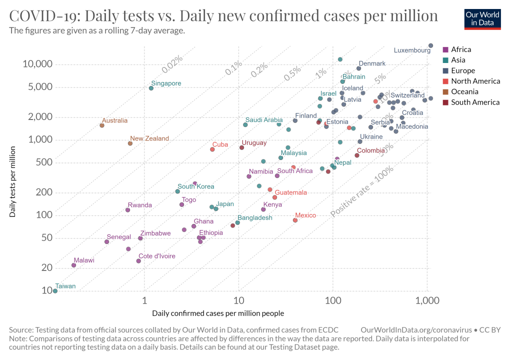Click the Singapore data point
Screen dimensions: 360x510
point(151,88)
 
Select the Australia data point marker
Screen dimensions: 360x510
point(102,125)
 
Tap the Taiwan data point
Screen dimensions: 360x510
point(55,291)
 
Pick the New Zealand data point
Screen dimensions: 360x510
point(130,143)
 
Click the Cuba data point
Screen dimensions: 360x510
point(212,149)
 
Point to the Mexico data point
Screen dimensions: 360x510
point(295,220)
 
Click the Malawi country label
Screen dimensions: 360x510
point(83,260)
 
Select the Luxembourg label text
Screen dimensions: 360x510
point(412,50)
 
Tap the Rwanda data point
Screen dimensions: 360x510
point(127,210)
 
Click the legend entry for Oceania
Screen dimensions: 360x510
point(464,91)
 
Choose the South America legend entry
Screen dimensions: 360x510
point(474,102)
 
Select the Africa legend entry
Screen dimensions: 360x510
point(460,49)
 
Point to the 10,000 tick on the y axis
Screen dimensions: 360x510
point(37,64)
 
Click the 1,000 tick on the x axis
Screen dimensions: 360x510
point(427,301)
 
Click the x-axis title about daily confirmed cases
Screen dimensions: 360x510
point(218,313)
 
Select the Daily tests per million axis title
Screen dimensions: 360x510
point(12,181)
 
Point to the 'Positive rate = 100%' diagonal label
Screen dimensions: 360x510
point(362,192)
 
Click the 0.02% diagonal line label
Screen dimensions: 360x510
point(172,63)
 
